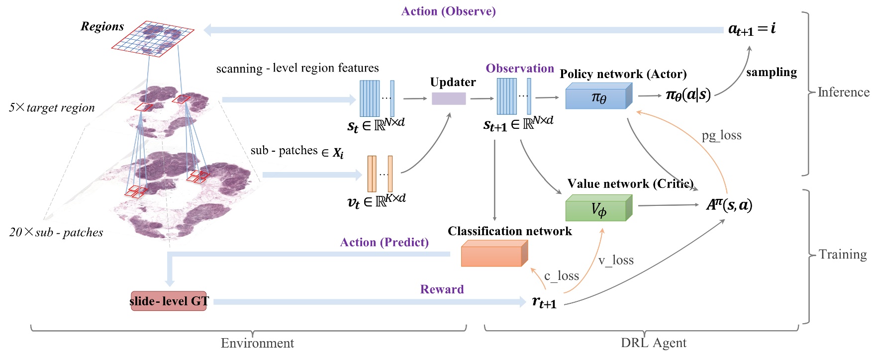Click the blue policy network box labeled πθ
coord(598,97)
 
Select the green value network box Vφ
coord(598,209)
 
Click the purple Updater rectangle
coord(448,98)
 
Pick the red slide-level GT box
coord(169,301)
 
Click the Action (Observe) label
coord(448,11)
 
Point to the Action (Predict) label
coord(384,242)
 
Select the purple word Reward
coord(442,289)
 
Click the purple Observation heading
coord(519,69)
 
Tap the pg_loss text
coord(721,135)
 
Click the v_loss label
coord(615,260)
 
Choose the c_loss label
coord(561,275)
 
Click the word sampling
coord(771,72)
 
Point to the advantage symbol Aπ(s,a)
coord(729,204)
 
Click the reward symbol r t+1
coord(544,302)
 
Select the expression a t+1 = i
coord(751,29)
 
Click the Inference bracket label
coord(843,92)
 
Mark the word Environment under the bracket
coord(257,343)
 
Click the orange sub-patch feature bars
coord(380,174)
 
